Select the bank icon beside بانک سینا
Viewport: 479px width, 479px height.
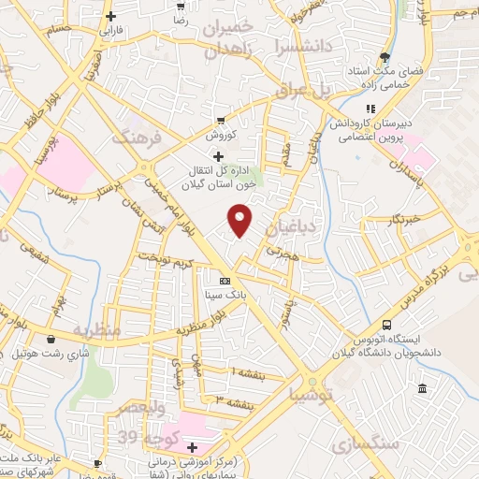pyautogui.click(x=224, y=280)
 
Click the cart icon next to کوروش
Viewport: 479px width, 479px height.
pyautogui.click(x=221, y=121)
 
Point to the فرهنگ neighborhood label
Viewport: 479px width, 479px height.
pyautogui.click(x=137, y=137)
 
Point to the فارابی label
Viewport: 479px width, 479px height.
pyautogui.click(x=111, y=29)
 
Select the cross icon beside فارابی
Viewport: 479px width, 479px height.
pyautogui.click(x=111, y=16)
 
